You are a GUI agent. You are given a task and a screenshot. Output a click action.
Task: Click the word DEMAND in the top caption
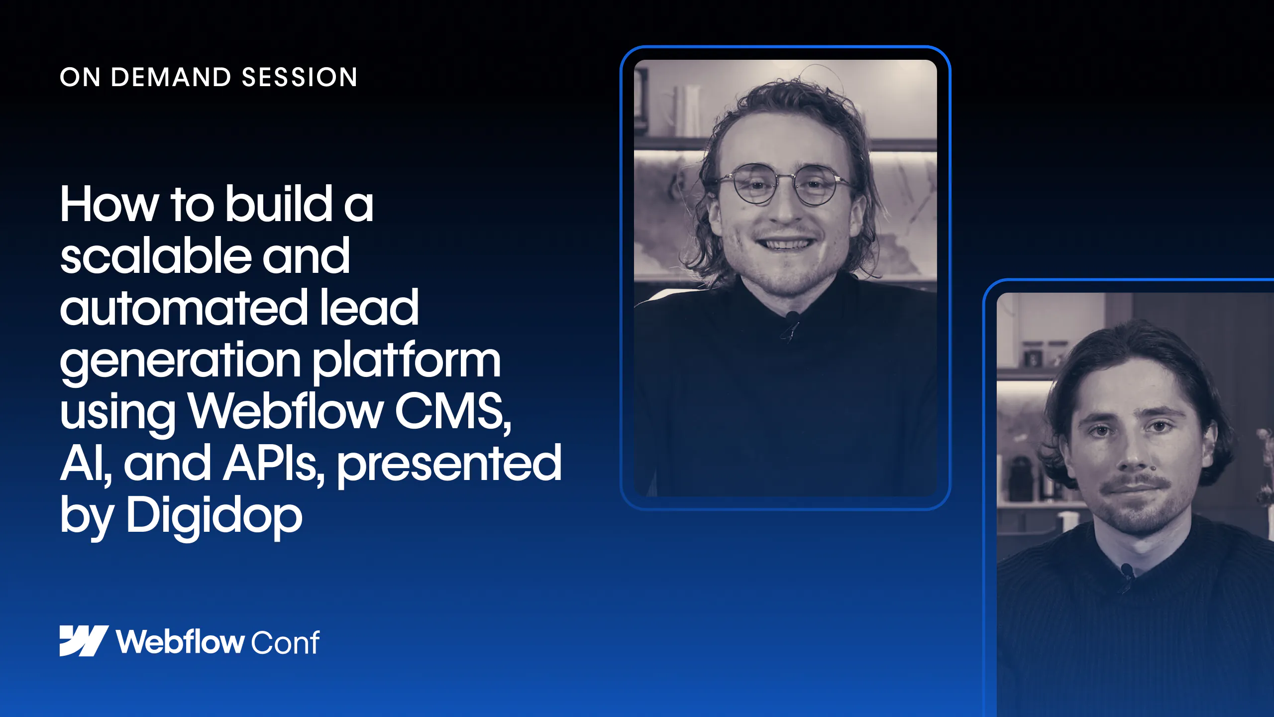tap(171, 77)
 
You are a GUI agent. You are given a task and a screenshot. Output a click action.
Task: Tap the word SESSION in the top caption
tap(300, 77)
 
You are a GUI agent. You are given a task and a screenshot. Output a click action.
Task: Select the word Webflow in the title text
tap(286, 411)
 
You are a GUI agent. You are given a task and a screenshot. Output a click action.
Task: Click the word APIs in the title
tap(274, 464)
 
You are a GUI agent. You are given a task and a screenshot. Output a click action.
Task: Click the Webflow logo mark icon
tap(84, 641)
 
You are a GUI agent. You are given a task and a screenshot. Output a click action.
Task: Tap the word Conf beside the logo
tap(285, 642)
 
